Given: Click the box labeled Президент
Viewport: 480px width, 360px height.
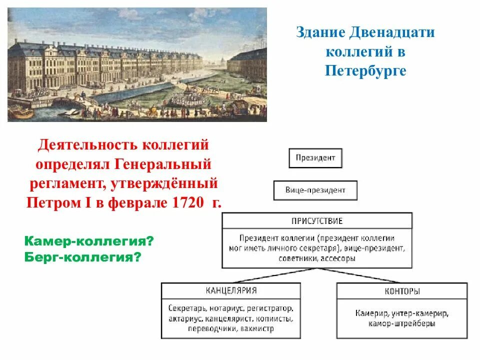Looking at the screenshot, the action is click(x=315, y=158).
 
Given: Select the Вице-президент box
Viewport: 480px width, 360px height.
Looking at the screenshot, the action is click(x=315, y=190).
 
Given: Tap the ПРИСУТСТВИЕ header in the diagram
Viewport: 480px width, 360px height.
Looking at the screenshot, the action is click(x=317, y=220).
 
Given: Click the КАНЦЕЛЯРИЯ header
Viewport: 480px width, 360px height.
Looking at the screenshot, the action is click(x=231, y=290).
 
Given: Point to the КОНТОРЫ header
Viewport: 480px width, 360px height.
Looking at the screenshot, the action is click(x=402, y=290).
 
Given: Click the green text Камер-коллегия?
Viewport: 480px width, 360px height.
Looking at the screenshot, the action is click(x=88, y=242).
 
